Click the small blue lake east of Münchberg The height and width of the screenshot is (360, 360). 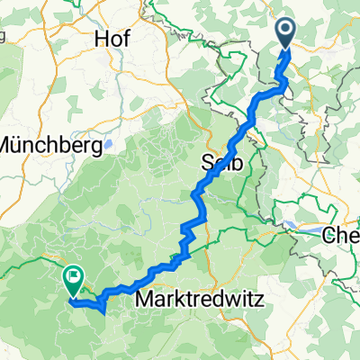point(108,143)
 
